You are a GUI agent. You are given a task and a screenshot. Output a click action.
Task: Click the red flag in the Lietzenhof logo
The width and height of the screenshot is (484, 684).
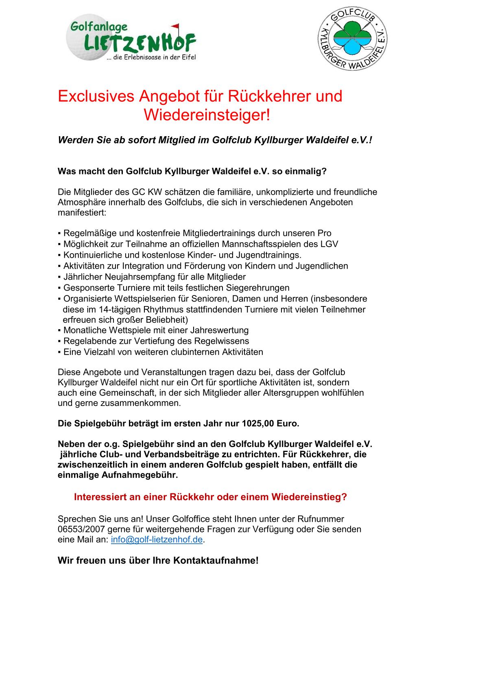click(176, 27)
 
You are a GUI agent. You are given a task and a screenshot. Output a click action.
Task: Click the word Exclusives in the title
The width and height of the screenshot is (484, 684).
click(96, 96)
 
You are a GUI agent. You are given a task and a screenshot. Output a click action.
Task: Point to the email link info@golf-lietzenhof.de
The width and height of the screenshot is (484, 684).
click(157, 540)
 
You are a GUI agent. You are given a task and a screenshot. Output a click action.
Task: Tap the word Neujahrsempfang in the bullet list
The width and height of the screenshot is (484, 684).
click(149, 277)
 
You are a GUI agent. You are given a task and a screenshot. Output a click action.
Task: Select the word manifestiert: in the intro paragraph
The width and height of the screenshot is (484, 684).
click(82, 213)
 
